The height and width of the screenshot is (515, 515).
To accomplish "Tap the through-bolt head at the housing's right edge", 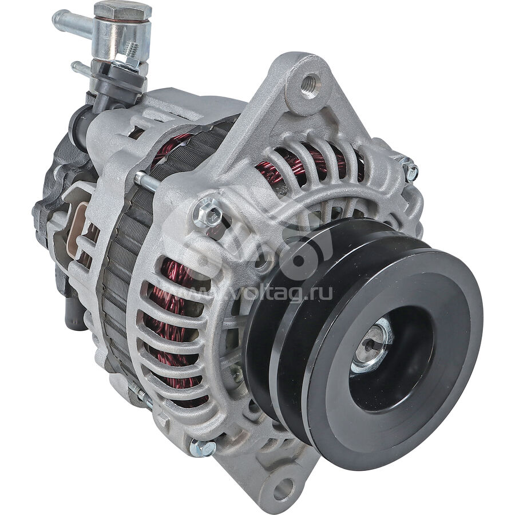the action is coord(411,169).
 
